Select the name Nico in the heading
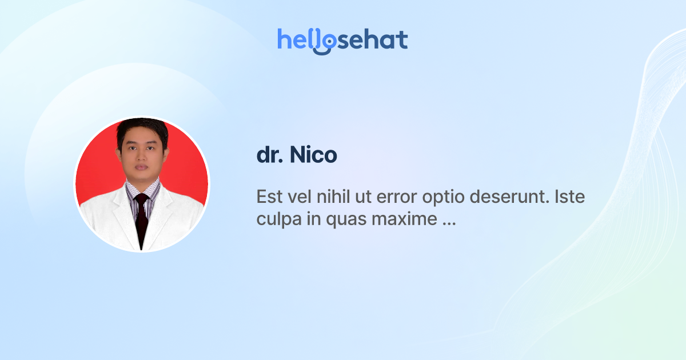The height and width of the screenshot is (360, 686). (x=313, y=155)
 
